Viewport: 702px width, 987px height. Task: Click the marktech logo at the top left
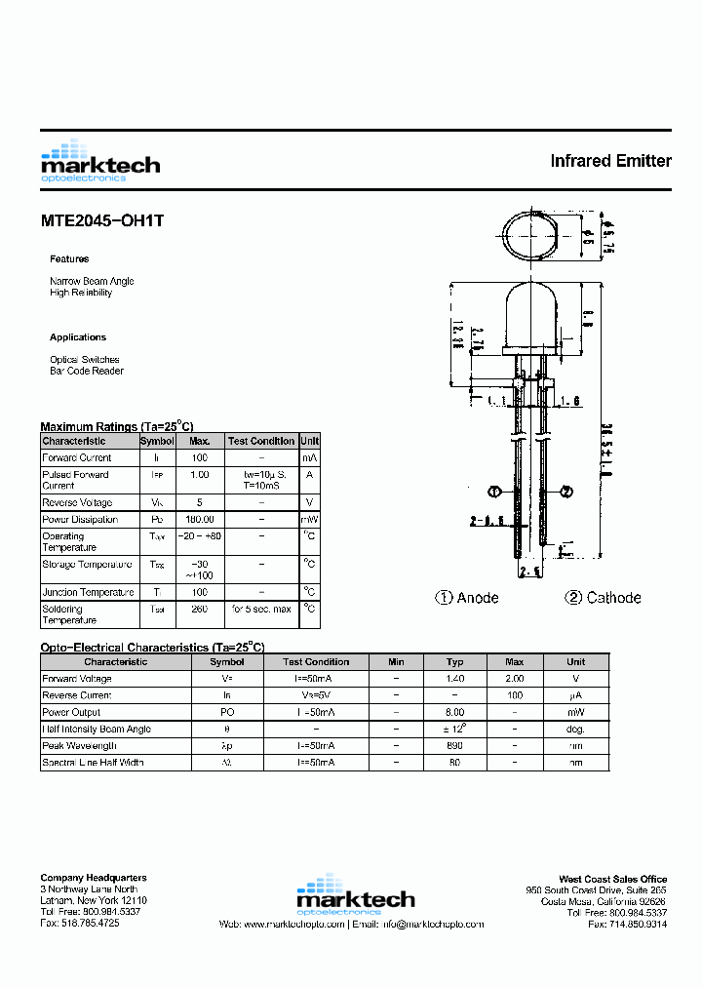click(x=99, y=162)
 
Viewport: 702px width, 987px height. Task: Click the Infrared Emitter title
click(x=610, y=161)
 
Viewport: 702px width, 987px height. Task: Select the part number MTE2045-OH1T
click(x=102, y=221)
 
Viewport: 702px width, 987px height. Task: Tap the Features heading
click(x=69, y=259)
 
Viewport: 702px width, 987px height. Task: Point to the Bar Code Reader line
click(x=87, y=371)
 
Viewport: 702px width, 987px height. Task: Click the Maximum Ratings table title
click(x=116, y=427)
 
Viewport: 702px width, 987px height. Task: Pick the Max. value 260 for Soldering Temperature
click(x=200, y=610)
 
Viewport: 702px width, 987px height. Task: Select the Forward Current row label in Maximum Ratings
click(x=77, y=457)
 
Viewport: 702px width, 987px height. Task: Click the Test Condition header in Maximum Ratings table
click(x=260, y=441)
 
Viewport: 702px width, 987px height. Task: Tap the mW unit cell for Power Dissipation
click(x=309, y=520)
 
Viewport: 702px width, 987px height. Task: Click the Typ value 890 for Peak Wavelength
click(x=454, y=745)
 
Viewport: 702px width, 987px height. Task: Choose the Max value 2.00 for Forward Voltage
click(x=515, y=679)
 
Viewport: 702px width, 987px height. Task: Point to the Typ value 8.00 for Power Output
click(x=454, y=712)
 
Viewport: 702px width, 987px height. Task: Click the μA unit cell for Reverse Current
click(x=576, y=695)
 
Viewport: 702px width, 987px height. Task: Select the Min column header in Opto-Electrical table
click(x=396, y=661)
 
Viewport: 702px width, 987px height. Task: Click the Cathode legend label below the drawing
click(x=603, y=598)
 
